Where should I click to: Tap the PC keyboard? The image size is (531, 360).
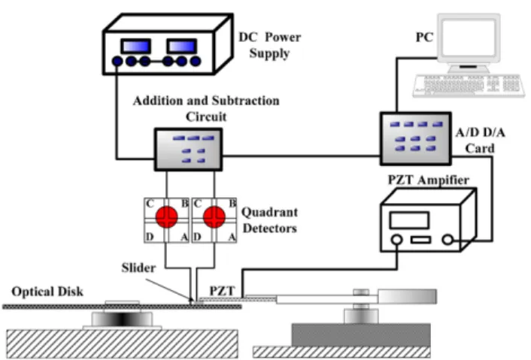pos(469,86)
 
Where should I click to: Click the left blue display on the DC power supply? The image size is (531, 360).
pos(136,46)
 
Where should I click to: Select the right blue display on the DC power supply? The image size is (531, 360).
pos(181,46)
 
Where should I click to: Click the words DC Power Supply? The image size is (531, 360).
pos(269,45)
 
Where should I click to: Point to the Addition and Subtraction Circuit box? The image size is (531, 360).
pos(188,150)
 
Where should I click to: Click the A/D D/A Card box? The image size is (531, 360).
pos(415,138)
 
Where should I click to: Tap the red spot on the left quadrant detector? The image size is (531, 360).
pos(167,217)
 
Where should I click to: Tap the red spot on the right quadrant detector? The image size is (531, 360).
pos(214,217)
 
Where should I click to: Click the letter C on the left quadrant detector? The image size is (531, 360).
pos(150,204)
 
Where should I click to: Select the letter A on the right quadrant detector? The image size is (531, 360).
pos(232,237)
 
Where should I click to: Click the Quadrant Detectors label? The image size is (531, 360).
pos(269,220)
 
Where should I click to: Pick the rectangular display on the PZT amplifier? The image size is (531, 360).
pos(409,220)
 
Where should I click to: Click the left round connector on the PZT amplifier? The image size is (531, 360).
pos(396,240)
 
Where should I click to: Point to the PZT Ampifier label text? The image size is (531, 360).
pos(429,180)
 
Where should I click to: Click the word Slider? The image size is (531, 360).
pos(138,268)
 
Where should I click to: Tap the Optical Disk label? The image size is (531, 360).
pos(47,292)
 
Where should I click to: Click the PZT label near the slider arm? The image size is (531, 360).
pos(222,291)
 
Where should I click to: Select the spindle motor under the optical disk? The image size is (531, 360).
pos(122,319)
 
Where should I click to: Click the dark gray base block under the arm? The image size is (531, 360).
pos(361,335)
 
